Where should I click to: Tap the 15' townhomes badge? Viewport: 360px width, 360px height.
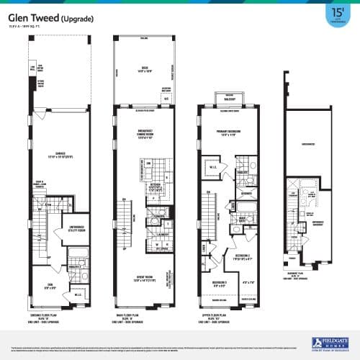[x=336, y=16]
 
